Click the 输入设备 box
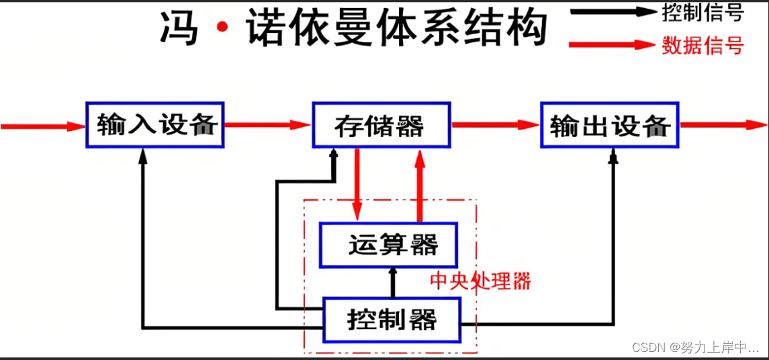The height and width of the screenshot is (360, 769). point(155,125)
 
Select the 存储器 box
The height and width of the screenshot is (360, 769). point(380,125)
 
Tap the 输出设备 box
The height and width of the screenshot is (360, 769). point(610,125)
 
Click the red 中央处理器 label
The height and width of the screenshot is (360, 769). point(480,281)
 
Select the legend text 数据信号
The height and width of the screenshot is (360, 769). point(703,45)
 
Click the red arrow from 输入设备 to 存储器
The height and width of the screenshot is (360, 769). point(267,124)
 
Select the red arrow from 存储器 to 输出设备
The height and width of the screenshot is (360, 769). point(496,124)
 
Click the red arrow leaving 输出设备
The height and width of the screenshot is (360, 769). point(723,124)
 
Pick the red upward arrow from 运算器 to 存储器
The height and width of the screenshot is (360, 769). point(420,185)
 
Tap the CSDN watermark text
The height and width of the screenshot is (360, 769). point(695,347)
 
